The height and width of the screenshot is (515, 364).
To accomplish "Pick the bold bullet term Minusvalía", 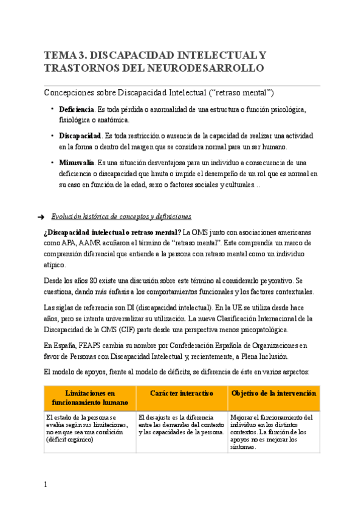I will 77,163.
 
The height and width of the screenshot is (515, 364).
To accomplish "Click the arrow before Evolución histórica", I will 41,216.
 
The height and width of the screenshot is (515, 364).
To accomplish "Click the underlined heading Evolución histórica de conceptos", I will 122,216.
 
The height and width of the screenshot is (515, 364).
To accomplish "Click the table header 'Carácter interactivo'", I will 181,394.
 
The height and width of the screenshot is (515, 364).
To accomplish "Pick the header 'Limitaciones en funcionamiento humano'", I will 89,398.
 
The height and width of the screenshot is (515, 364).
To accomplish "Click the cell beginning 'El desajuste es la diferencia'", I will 181,425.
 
